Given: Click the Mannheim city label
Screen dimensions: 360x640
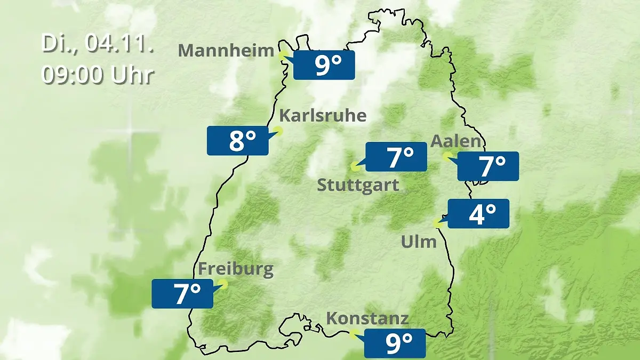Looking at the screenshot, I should (x=226, y=50).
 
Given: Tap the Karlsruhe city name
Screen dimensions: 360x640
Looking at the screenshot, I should (x=323, y=115).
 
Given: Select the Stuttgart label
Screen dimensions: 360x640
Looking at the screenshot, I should (x=358, y=185).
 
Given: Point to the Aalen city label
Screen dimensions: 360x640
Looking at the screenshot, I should (x=455, y=141).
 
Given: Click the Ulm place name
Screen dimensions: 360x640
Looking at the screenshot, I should (x=419, y=242).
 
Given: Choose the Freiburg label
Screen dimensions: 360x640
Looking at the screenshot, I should (x=236, y=269).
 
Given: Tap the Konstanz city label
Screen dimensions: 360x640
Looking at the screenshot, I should (x=367, y=318).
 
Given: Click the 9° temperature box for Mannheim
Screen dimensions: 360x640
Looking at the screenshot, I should (x=324, y=66).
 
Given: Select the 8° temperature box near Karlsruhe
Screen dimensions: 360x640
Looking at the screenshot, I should (x=238, y=141).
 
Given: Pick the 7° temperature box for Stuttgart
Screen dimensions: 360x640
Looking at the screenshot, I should (x=396, y=157).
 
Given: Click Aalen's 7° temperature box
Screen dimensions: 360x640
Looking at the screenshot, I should (x=488, y=166).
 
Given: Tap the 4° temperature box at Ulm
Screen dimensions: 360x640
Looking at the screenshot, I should (x=478, y=214).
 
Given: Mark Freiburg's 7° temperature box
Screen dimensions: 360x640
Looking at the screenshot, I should (x=182, y=293).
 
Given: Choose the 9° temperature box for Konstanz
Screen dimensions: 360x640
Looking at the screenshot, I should (x=395, y=343).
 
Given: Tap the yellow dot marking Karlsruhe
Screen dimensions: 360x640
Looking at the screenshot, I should (x=278, y=131).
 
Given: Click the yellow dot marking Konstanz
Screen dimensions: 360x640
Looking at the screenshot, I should (x=353, y=334).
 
